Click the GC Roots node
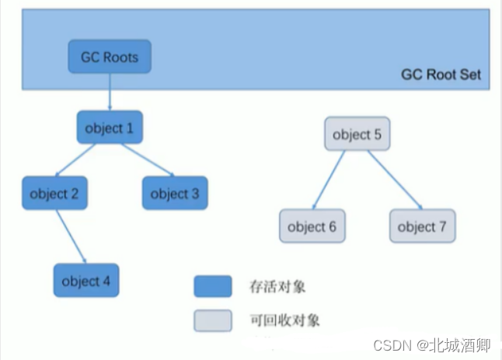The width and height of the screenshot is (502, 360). pos(109,56)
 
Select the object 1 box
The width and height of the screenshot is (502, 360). pos(110,127)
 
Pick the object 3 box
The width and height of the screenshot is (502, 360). pos(175,194)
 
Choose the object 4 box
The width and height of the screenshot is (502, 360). pos(85,281)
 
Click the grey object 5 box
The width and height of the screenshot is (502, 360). pos(357,135)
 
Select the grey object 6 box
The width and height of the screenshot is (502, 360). pos(312,226)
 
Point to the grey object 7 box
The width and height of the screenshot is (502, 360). pos(422,226)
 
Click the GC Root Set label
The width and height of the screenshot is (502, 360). pos(441,75)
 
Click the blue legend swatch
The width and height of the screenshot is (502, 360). pos(212,286)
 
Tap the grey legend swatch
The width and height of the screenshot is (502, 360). pos(212,320)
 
